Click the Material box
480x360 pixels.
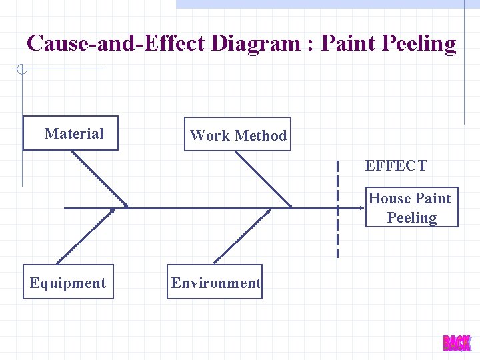(x=71, y=133)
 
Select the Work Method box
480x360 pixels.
(x=237, y=135)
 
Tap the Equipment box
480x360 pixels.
(x=68, y=283)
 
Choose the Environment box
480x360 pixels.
(x=215, y=283)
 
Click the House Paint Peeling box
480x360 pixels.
(x=411, y=208)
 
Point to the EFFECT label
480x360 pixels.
(x=395, y=166)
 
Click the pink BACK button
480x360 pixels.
(x=457, y=343)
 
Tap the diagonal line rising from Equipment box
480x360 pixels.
(x=85, y=236)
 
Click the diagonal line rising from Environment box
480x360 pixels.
(x=241, y=237)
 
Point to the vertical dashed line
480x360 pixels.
(x=337, y=213)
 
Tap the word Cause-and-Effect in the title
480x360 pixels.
(x=117, y=44)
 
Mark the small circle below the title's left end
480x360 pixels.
(x=21, y=69)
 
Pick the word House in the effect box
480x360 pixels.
(x=391, y=199)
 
